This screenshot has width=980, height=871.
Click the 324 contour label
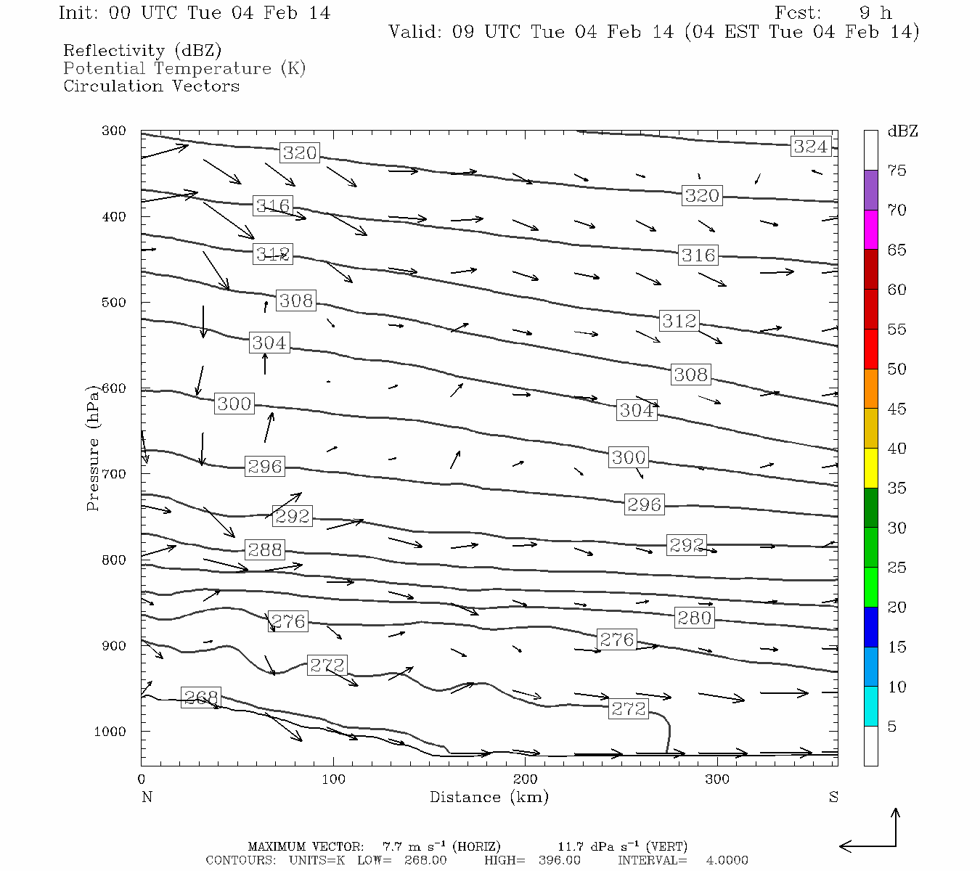[810, 147]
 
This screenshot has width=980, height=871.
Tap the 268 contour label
[200, 698]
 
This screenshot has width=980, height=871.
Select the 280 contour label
[694, 618]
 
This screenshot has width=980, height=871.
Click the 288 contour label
[264, 549]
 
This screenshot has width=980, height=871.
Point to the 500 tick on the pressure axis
[114, 303]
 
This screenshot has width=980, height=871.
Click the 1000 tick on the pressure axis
[110, 732]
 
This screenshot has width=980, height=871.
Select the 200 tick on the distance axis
[526, 780]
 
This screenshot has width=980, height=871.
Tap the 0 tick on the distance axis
[142, 780]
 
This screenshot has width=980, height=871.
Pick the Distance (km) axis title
[489, 797]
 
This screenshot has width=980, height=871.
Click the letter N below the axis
[147, 797]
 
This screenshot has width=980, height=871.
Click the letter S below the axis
[833, 797]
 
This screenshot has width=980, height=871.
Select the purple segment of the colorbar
[870, 190]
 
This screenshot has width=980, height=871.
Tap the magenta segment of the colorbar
[870, 229]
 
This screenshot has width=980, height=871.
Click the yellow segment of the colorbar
[870, 468]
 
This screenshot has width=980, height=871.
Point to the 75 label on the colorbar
[897, 171]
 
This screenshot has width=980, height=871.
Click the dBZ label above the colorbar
[902, 131]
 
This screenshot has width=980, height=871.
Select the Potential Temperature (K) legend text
[184, 68]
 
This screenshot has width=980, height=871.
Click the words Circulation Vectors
[151, 86]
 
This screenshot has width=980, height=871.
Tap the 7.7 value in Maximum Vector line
[392, 846]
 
